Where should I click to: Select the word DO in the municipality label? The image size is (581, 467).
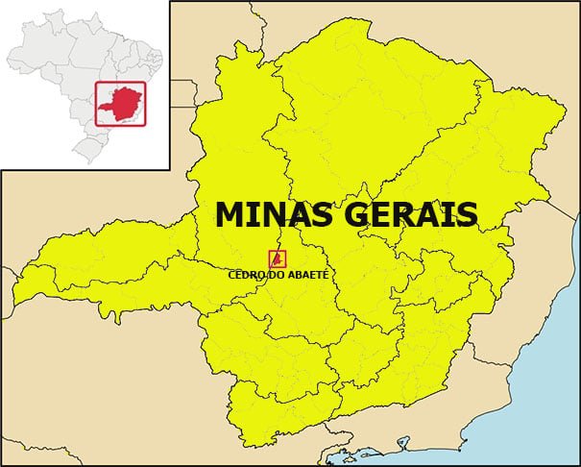(277, 275)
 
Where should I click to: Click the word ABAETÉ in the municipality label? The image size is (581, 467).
(307, 275)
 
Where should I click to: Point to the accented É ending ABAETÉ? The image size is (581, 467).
(325, 274)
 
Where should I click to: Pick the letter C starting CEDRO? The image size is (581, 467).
(232, 275)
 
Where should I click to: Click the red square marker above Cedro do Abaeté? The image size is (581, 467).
(277, 258)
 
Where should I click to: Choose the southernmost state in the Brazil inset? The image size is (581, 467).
(89, 149)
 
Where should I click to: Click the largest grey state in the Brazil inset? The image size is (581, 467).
(48, 53)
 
